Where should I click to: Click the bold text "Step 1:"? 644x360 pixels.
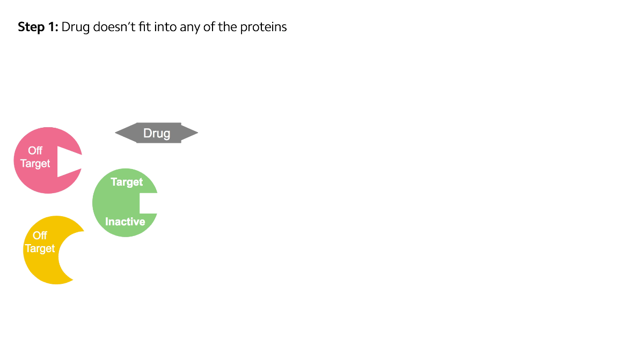[x=38, y=27]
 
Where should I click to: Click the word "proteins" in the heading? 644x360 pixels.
[x=264, y=27]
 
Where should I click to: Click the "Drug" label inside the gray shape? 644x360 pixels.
[x=157, y=133]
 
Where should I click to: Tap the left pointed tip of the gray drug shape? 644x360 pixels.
[x=115, y=133]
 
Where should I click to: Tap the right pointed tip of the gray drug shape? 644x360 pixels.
[x=197, y=133]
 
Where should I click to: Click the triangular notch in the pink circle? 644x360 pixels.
[x=68, y=161]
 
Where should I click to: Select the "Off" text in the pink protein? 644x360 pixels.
[x=35, y=151]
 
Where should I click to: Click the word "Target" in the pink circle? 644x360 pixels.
[x=35, y=164]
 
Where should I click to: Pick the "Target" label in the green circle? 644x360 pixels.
[x=127, y=182]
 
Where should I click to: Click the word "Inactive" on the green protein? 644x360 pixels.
[x=125, y=222]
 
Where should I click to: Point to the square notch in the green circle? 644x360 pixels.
[x=148, y=203]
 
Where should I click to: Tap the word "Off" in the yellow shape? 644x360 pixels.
[x=40, y=236]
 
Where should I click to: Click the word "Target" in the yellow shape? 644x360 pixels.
[x=40, y=248]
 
